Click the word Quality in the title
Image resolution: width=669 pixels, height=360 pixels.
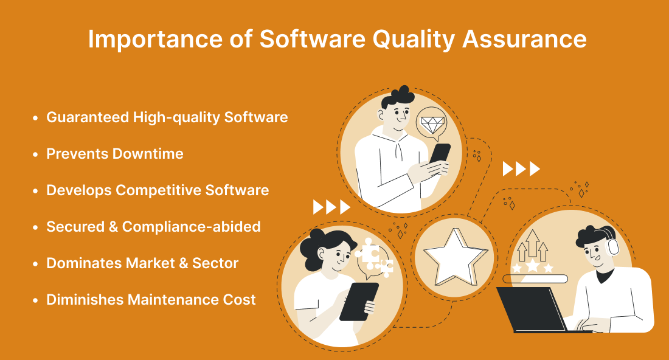414,40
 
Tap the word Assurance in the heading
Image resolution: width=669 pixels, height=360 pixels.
524,39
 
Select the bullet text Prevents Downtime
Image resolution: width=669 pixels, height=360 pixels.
115,154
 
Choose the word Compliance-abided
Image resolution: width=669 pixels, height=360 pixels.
191,227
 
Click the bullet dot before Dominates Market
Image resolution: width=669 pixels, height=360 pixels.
35,264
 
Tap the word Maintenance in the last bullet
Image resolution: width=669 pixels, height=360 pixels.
170,299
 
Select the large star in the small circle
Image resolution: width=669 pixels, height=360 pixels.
455,257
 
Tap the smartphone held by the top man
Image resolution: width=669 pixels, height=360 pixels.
440,154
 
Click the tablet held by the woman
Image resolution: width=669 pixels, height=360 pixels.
359,302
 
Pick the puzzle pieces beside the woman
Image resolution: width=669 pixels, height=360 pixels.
374,257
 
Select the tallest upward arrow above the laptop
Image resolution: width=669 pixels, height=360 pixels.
532,243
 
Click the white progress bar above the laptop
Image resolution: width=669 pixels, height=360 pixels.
535,279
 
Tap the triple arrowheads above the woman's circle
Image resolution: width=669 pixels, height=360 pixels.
331,207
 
